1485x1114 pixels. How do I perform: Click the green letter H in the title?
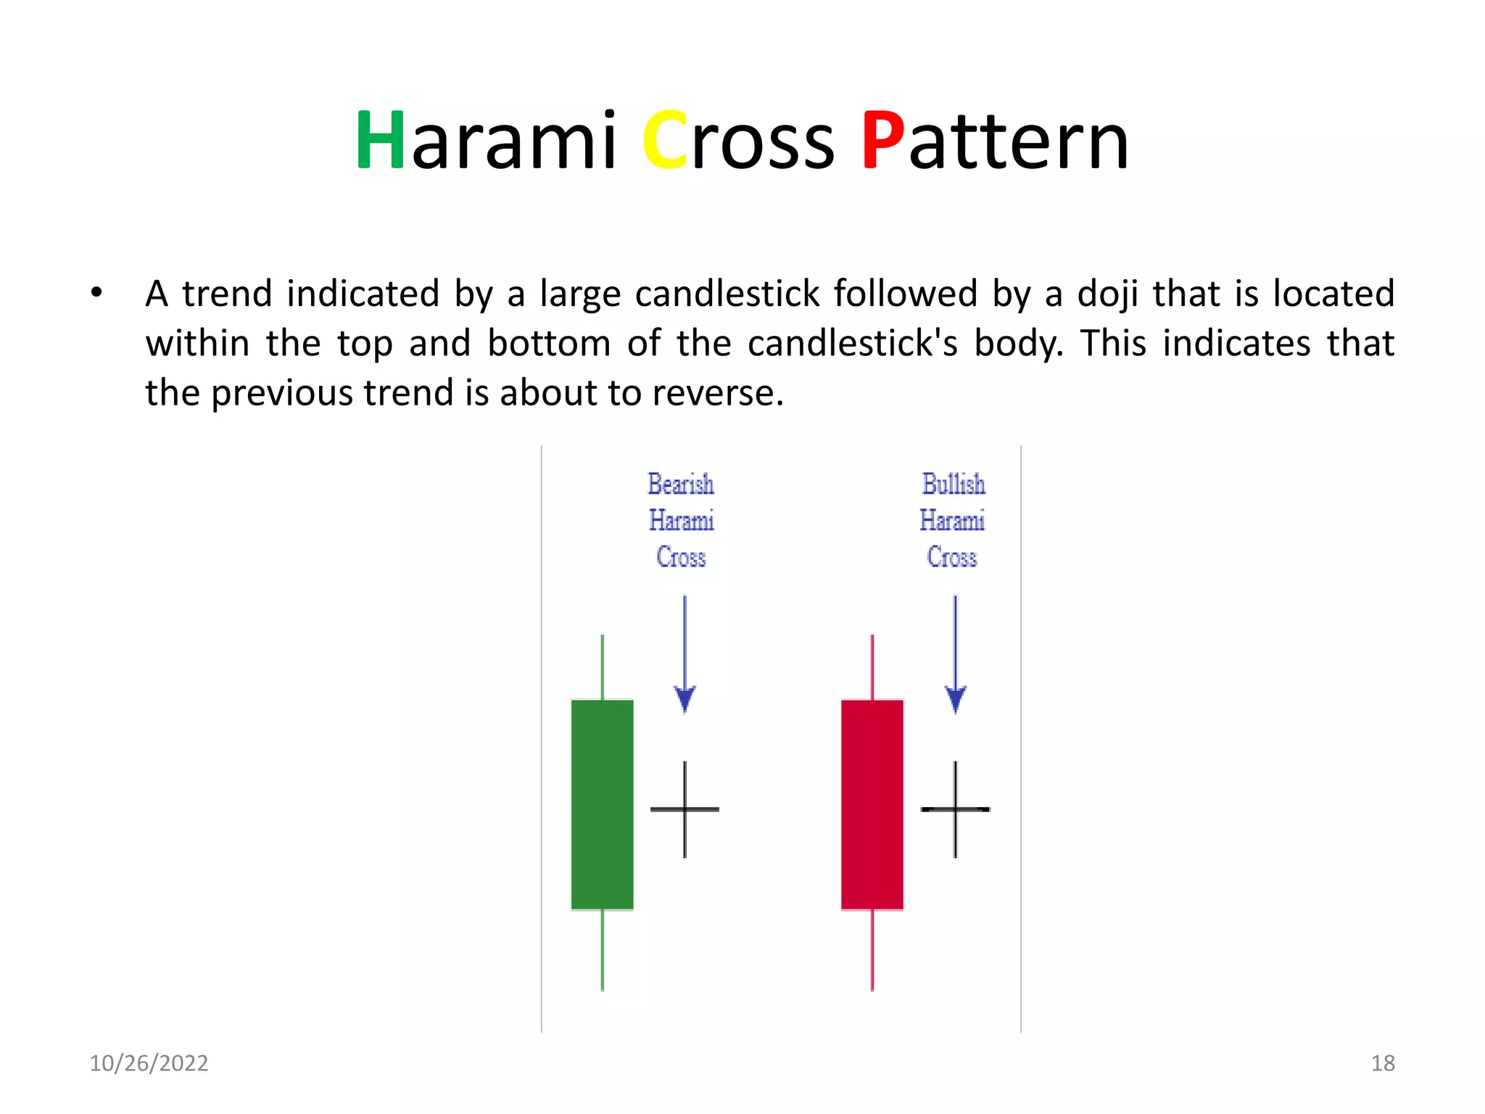click(380, 141)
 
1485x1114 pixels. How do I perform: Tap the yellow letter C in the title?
click(665, 141)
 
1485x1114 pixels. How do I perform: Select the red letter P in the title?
click(882, 141)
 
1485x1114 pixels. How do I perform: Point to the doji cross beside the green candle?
click(684, 809)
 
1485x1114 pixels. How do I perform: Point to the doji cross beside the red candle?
click(955, 809)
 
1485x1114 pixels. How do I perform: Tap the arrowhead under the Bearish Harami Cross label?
click(684, 699)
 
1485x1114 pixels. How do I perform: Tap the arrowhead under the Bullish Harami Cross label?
click(955, 699)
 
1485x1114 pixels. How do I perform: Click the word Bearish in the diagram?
click(680, 484)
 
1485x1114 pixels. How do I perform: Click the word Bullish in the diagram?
click(953, 484)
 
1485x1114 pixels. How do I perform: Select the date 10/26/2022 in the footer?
click(149, 1063)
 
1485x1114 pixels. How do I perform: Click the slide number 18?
click(1382, 1063)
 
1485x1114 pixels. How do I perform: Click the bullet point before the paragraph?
click(96, 293)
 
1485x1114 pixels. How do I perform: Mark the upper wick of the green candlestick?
click(602, 667)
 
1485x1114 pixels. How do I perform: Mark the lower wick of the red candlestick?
click(872, 950)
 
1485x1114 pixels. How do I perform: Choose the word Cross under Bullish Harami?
click(951, 557)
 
